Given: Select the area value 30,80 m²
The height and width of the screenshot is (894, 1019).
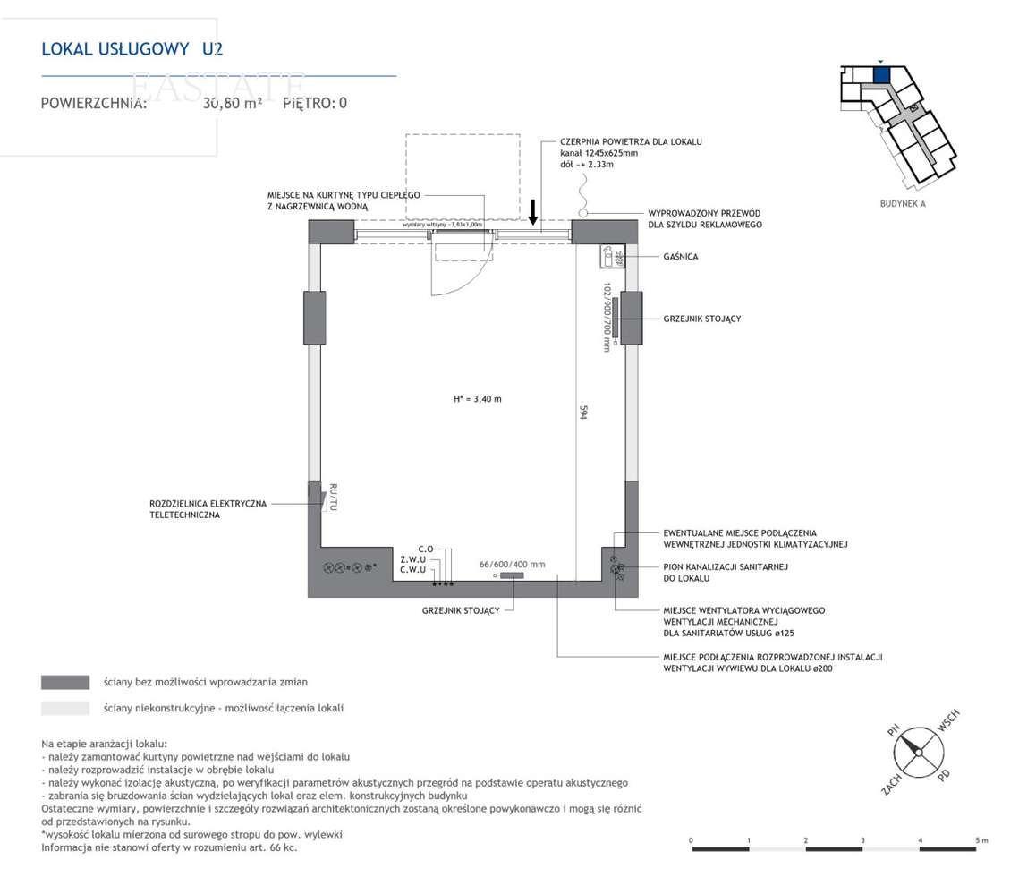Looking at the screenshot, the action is (232, 103).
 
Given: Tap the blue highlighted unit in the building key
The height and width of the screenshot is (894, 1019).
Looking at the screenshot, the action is (880, 75).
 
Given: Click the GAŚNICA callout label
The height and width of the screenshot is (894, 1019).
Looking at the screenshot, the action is (681, 257).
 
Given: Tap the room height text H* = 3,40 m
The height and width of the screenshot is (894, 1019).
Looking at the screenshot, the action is (478, 399).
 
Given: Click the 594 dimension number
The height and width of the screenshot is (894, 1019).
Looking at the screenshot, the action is (583, 413).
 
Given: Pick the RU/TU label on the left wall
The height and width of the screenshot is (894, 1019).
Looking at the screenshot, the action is (333, 498).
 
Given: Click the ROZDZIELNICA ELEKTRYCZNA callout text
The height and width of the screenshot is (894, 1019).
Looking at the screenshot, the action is (208, 509).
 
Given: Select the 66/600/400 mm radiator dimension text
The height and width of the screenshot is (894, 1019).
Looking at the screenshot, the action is (512, 565).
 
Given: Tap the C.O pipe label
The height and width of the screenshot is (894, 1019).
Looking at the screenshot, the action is (425, 549).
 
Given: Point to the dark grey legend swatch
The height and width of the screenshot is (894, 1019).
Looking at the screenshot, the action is (65, 683).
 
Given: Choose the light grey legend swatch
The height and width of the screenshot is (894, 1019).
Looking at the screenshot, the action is (65, 708).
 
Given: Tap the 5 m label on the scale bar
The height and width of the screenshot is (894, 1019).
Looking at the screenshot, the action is (981, 840).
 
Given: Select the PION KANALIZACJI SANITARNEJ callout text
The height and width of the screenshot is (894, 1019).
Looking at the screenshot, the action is (726, 572).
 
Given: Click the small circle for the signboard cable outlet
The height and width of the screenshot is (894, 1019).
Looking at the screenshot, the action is (583, 213).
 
